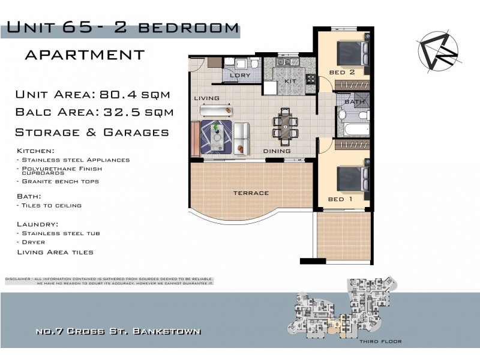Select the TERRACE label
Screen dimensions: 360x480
click(251, 193)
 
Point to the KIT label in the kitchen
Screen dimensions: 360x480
click(290, 80)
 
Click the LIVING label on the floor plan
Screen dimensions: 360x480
click(206, 98)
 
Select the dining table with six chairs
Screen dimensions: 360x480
click(286, 127)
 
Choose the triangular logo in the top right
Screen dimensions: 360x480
click(439, 51)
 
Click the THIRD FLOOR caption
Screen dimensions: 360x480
click(381, 341)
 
